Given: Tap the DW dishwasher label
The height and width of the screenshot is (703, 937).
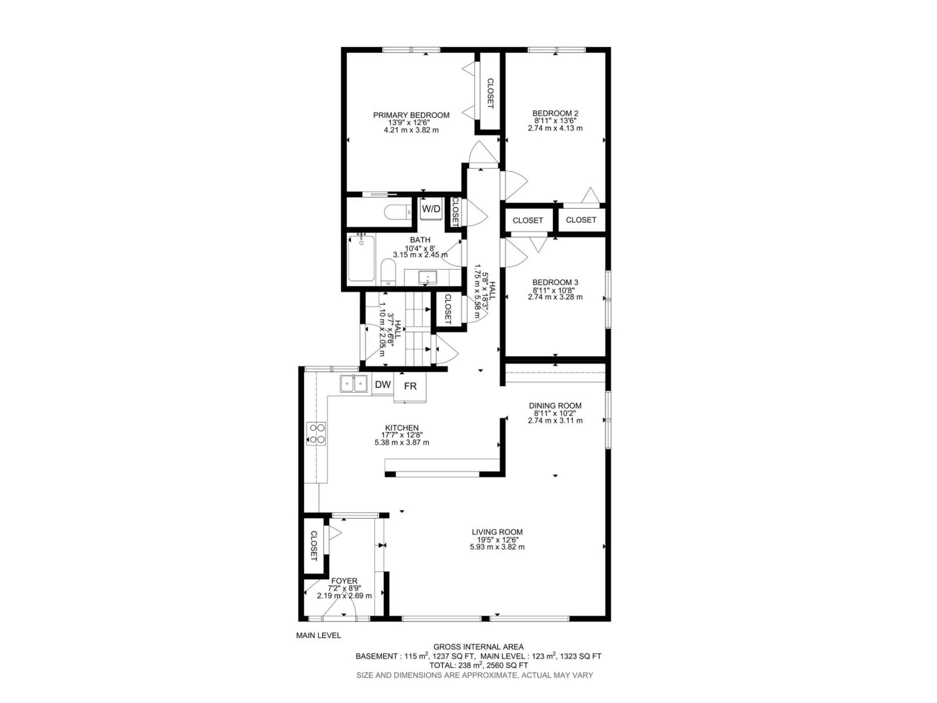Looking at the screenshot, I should click(383, 385).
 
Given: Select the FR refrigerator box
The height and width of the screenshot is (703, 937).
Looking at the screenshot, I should click(410, 386).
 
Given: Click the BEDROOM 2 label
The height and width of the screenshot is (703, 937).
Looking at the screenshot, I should click(555, 113).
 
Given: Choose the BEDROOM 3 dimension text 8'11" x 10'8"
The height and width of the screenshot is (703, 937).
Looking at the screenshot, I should click(555, 290).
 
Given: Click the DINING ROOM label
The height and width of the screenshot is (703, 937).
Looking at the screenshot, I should click(555, 405).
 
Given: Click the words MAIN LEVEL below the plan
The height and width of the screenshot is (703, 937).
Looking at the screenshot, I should click(318, 636).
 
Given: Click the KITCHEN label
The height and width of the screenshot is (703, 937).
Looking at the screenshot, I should click(402, 428).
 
